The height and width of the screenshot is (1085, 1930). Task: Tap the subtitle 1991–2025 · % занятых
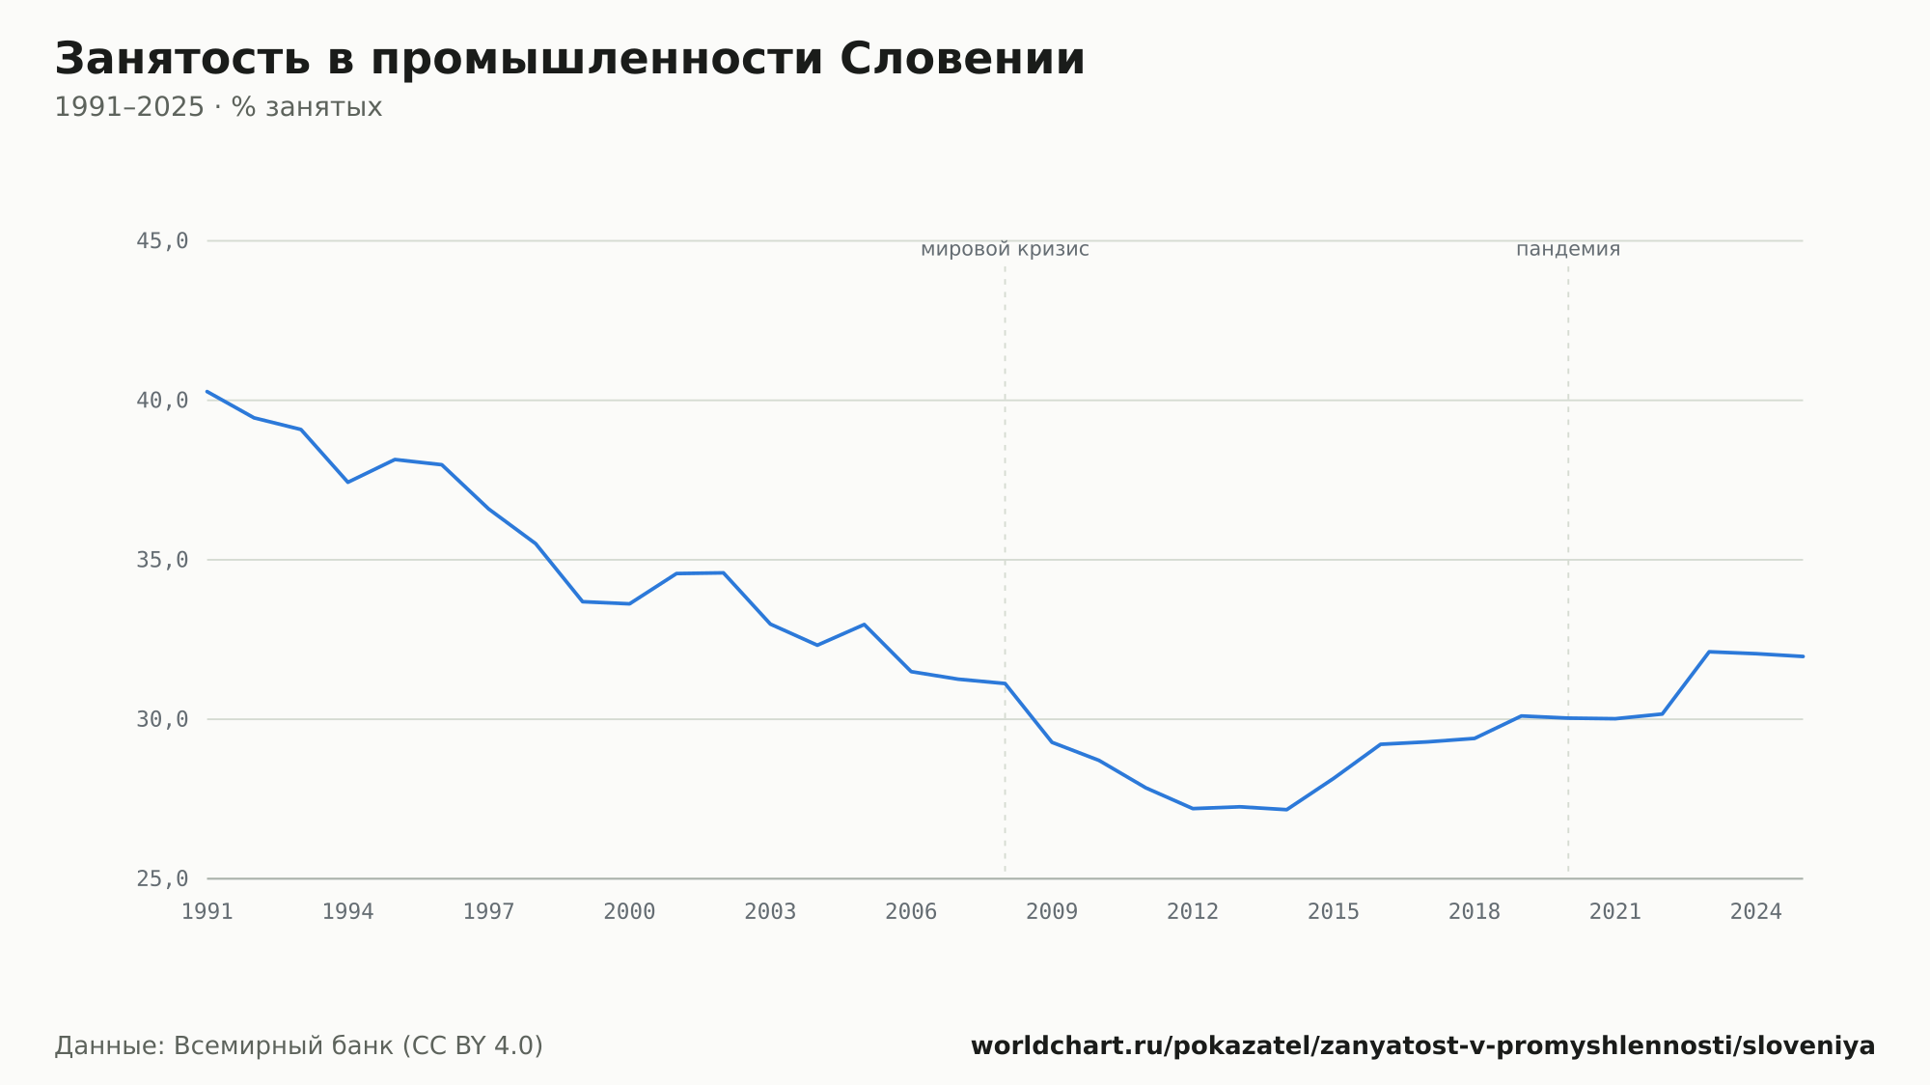[218, 107]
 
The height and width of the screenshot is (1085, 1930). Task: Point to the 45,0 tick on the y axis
[162, 241]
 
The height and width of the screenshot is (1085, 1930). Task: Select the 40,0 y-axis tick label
[162, 401]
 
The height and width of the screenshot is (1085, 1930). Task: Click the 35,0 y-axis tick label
[162, 560]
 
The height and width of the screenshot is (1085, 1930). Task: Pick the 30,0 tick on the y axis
[162, 719]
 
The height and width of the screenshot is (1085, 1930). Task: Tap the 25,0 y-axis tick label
[162, 878]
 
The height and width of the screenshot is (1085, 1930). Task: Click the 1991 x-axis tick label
[207, 912]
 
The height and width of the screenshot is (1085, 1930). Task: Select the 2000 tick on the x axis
[629, 912]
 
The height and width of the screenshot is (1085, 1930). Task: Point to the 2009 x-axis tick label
[1052, 912]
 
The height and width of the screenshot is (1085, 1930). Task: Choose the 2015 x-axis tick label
[1334, 912]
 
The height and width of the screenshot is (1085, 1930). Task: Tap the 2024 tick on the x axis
[1756, 912]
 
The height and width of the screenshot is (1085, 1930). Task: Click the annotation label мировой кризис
[1005, 249]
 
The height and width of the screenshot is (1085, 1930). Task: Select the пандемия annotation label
[1568, 249]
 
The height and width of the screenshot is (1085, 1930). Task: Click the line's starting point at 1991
[207, 391]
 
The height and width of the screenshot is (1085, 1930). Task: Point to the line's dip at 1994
[348, 482]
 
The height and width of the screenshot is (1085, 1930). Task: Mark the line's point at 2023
[1709, 652]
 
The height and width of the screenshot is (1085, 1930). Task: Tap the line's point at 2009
[1052, 742]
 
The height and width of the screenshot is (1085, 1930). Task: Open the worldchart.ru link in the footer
[1422, 1045]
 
